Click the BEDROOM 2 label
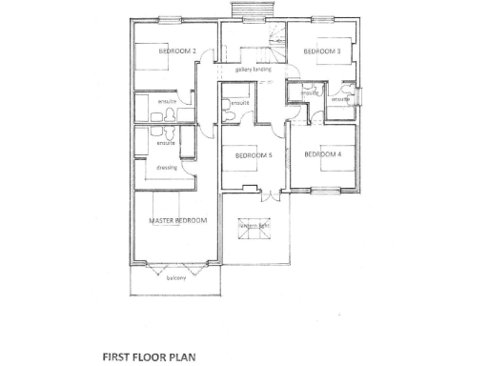[177, 51]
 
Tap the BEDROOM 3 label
[322, 51]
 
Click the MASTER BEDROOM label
[177, 221]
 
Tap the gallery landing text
[253, 70]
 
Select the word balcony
[176, 278]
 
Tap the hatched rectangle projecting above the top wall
[253, 10]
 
